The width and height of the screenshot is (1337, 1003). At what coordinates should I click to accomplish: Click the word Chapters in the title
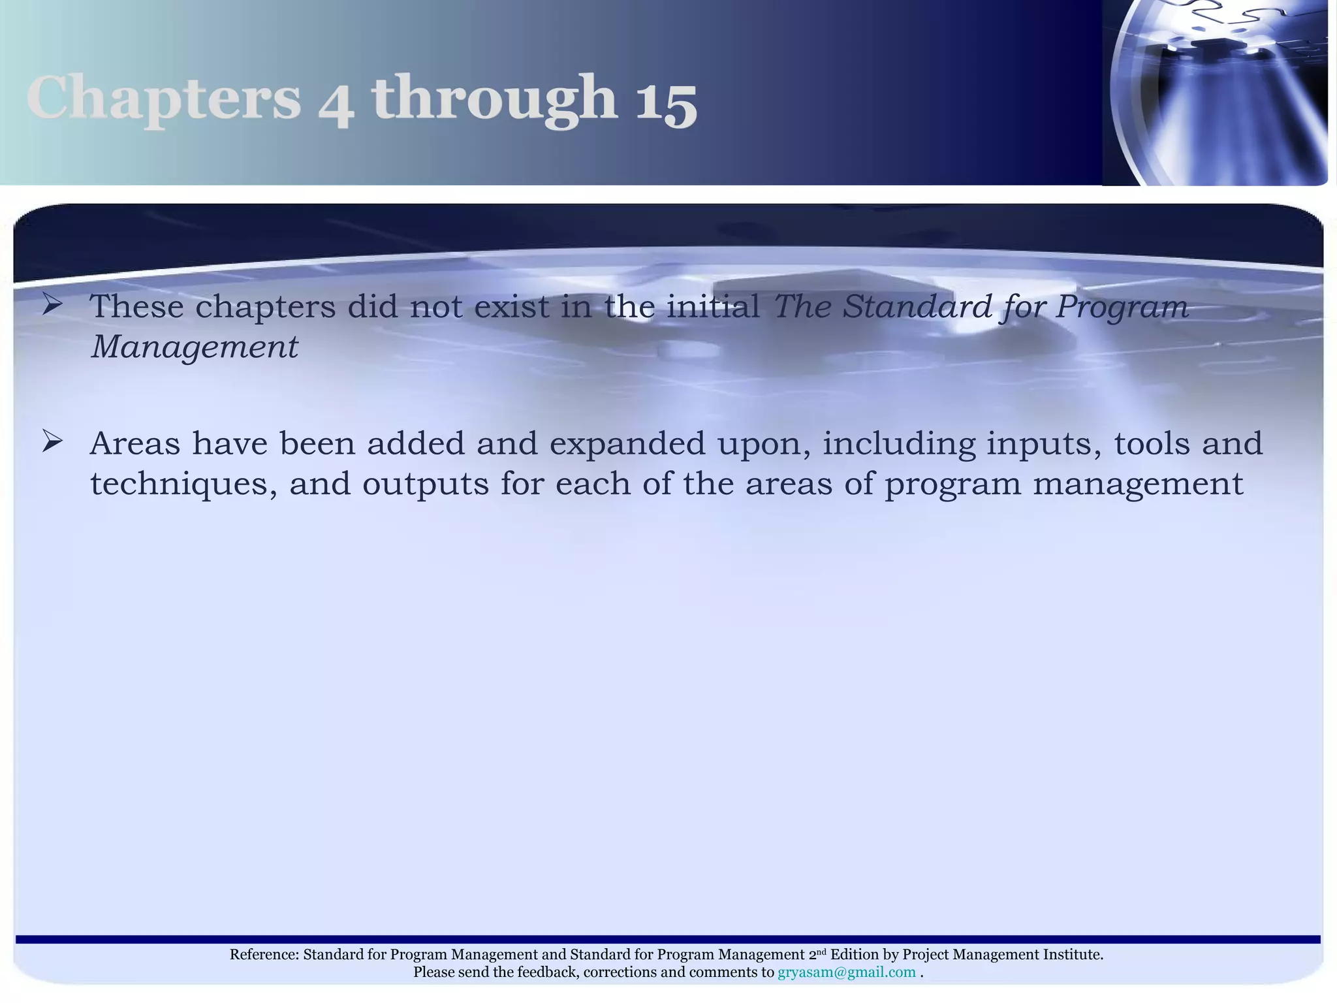tap(163, 98)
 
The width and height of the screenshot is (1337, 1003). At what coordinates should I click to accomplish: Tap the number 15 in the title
tap(666, 101)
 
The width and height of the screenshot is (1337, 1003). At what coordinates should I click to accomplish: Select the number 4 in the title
tap(336, 104)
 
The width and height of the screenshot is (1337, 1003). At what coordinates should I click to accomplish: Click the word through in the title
tap(494, 98)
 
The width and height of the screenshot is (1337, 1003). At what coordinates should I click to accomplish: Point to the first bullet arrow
tap(52, 304)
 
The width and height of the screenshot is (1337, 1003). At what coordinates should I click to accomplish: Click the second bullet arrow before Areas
tap(52, 441)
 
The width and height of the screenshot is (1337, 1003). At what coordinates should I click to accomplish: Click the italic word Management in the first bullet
tap(195, 346)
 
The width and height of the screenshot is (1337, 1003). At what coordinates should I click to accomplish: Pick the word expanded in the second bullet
tap(627, 444)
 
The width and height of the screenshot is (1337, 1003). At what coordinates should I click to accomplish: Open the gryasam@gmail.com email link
tap(847, 972)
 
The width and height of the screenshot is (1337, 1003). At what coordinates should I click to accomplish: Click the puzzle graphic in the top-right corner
tap(1218, 91)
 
